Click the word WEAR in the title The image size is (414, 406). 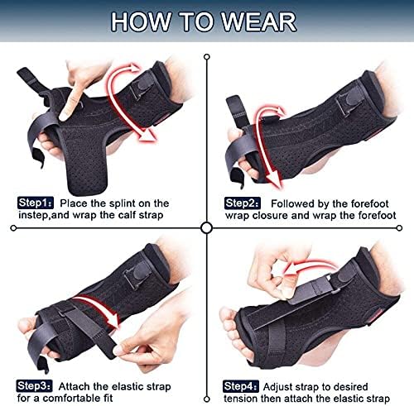point(259,21)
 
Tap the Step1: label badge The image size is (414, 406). point(36,203)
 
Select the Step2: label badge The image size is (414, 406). point(242,203)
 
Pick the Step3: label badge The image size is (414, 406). point(34,386)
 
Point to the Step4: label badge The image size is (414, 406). point(241,386)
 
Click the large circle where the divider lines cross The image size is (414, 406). point(207,228)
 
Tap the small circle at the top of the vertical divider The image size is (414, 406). point(207,57)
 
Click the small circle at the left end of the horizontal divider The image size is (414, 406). point(13,228)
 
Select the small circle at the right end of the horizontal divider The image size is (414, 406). point(399,228)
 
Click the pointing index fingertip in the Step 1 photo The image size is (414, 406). point(65,115)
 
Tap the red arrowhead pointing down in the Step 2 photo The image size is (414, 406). point(274,179)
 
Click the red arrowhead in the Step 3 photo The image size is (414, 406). point(114,322)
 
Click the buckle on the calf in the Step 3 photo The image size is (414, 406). point(137,274)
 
